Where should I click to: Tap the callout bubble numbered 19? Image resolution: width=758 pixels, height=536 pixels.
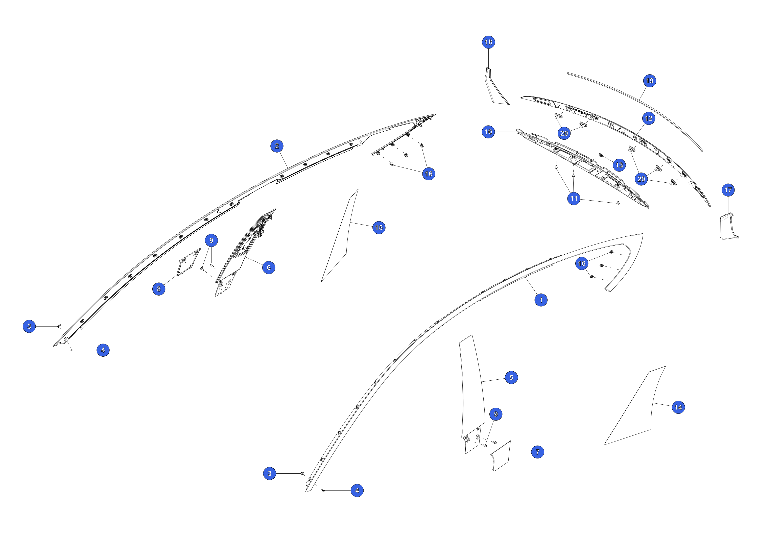(x=649, y=81)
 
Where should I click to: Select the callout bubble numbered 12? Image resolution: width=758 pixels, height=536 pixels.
(x=649, y=118)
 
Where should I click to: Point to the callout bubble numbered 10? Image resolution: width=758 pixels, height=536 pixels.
(x=488, y=132)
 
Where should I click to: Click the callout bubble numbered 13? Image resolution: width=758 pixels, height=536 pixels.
(x=619, y=165)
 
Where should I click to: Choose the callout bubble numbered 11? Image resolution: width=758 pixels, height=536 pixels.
(x=574, y=199)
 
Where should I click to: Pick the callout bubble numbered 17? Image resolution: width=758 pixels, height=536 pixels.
(x=728, y=190)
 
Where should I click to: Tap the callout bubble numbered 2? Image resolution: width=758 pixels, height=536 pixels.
(x=277, y=146)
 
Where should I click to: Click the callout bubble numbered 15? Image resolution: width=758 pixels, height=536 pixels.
(x=379, y=227)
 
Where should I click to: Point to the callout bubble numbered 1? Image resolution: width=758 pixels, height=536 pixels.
(x=541, y=300)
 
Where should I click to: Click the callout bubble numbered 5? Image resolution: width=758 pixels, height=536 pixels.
(x=511, y=378)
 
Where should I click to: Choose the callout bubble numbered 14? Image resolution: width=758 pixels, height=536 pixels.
(x=678, y=407)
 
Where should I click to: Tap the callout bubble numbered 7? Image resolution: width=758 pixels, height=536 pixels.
(x=537, y=452)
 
